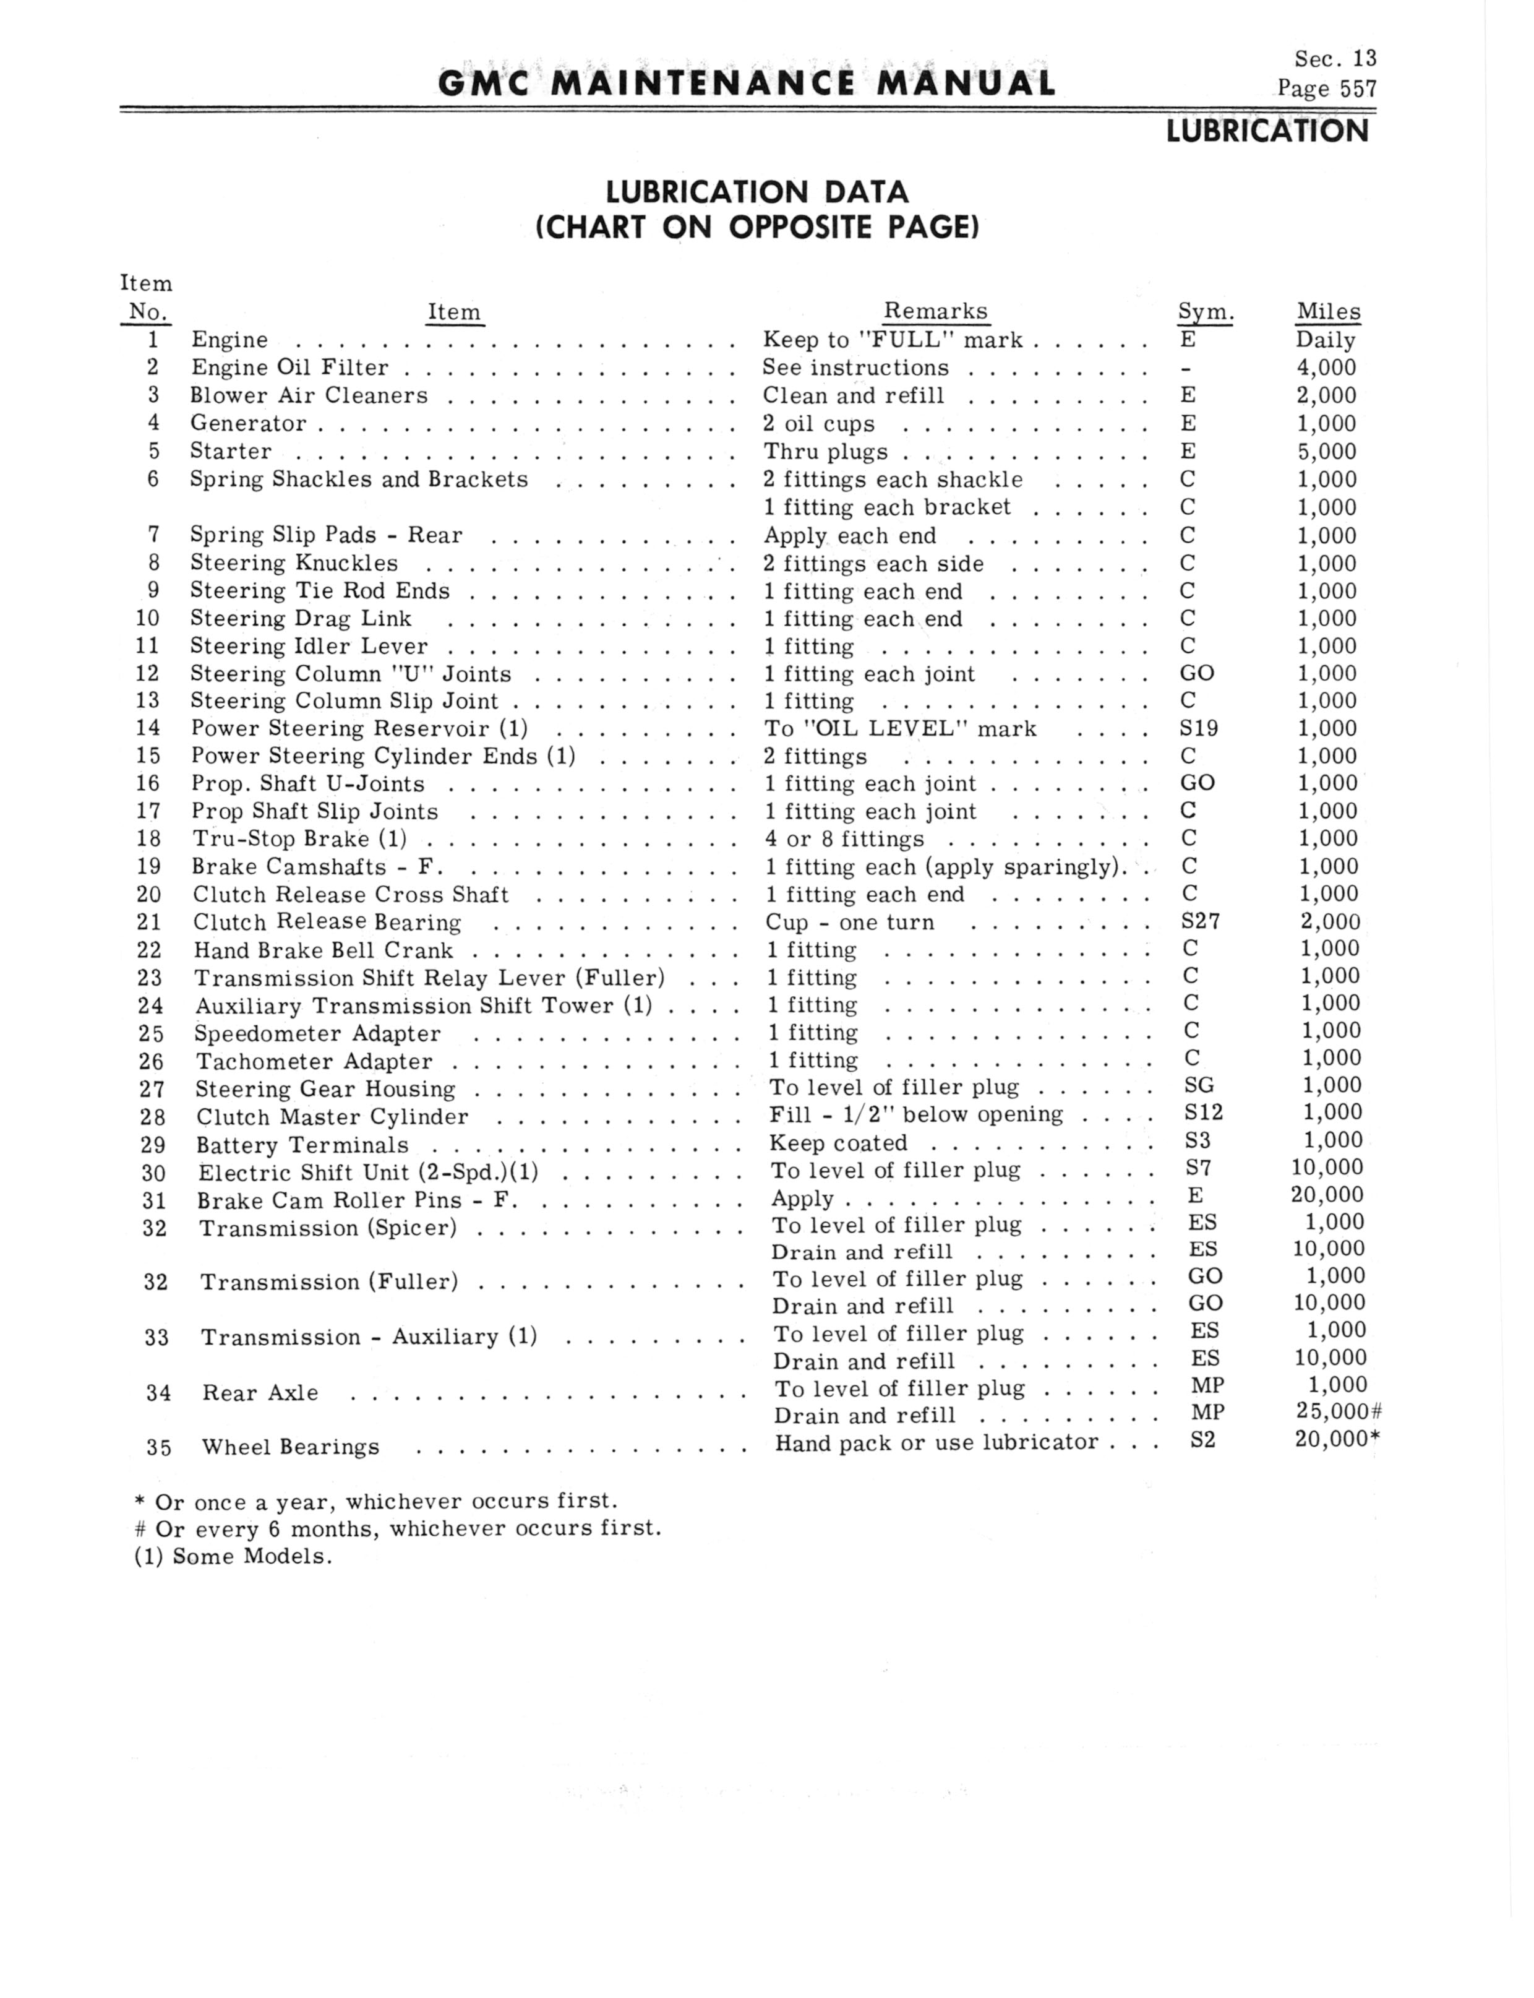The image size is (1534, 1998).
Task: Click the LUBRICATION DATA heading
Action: point(757,192)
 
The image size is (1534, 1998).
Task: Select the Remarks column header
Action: point(935,311)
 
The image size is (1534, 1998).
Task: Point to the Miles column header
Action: point(1327,311)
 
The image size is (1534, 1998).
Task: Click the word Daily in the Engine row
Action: point(1325,340)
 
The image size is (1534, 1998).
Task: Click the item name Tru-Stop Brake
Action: point(280,838)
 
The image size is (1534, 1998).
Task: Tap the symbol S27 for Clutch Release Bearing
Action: point(1200,921)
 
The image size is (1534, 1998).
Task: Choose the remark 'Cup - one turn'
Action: point(849,923)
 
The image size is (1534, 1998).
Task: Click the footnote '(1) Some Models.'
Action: point(233,1556)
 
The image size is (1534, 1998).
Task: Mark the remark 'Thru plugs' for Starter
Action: point(825,452)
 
